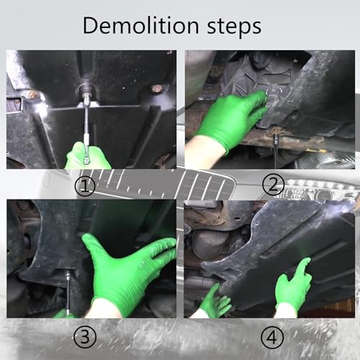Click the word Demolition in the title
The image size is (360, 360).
[140, 25]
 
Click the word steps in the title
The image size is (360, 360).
[234, 27]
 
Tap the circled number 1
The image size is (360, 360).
[85, 186]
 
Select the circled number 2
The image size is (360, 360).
[274, 185]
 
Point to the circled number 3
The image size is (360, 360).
[85, 336]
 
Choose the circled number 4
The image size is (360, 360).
[272, 337]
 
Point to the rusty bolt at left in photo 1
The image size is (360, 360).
[31, 94]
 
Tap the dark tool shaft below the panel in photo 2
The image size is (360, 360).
[276, 152]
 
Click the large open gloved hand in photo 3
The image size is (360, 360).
[127, 271]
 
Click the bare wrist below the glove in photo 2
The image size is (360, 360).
[204, 153]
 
